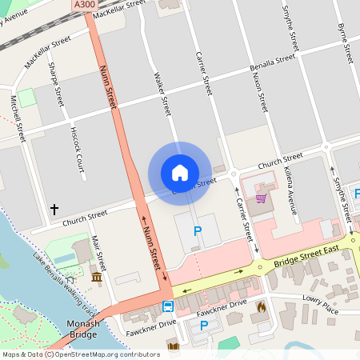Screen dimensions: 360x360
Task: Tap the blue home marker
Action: pos(180,173)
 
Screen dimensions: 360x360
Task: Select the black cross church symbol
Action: pos(55,209)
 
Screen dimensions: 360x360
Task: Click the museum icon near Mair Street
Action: pos(97,277)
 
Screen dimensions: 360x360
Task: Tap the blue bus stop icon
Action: pos(168,306)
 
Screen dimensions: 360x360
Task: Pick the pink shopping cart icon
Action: pos(261,198)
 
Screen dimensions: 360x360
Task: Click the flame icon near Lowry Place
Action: pos(260,306)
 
